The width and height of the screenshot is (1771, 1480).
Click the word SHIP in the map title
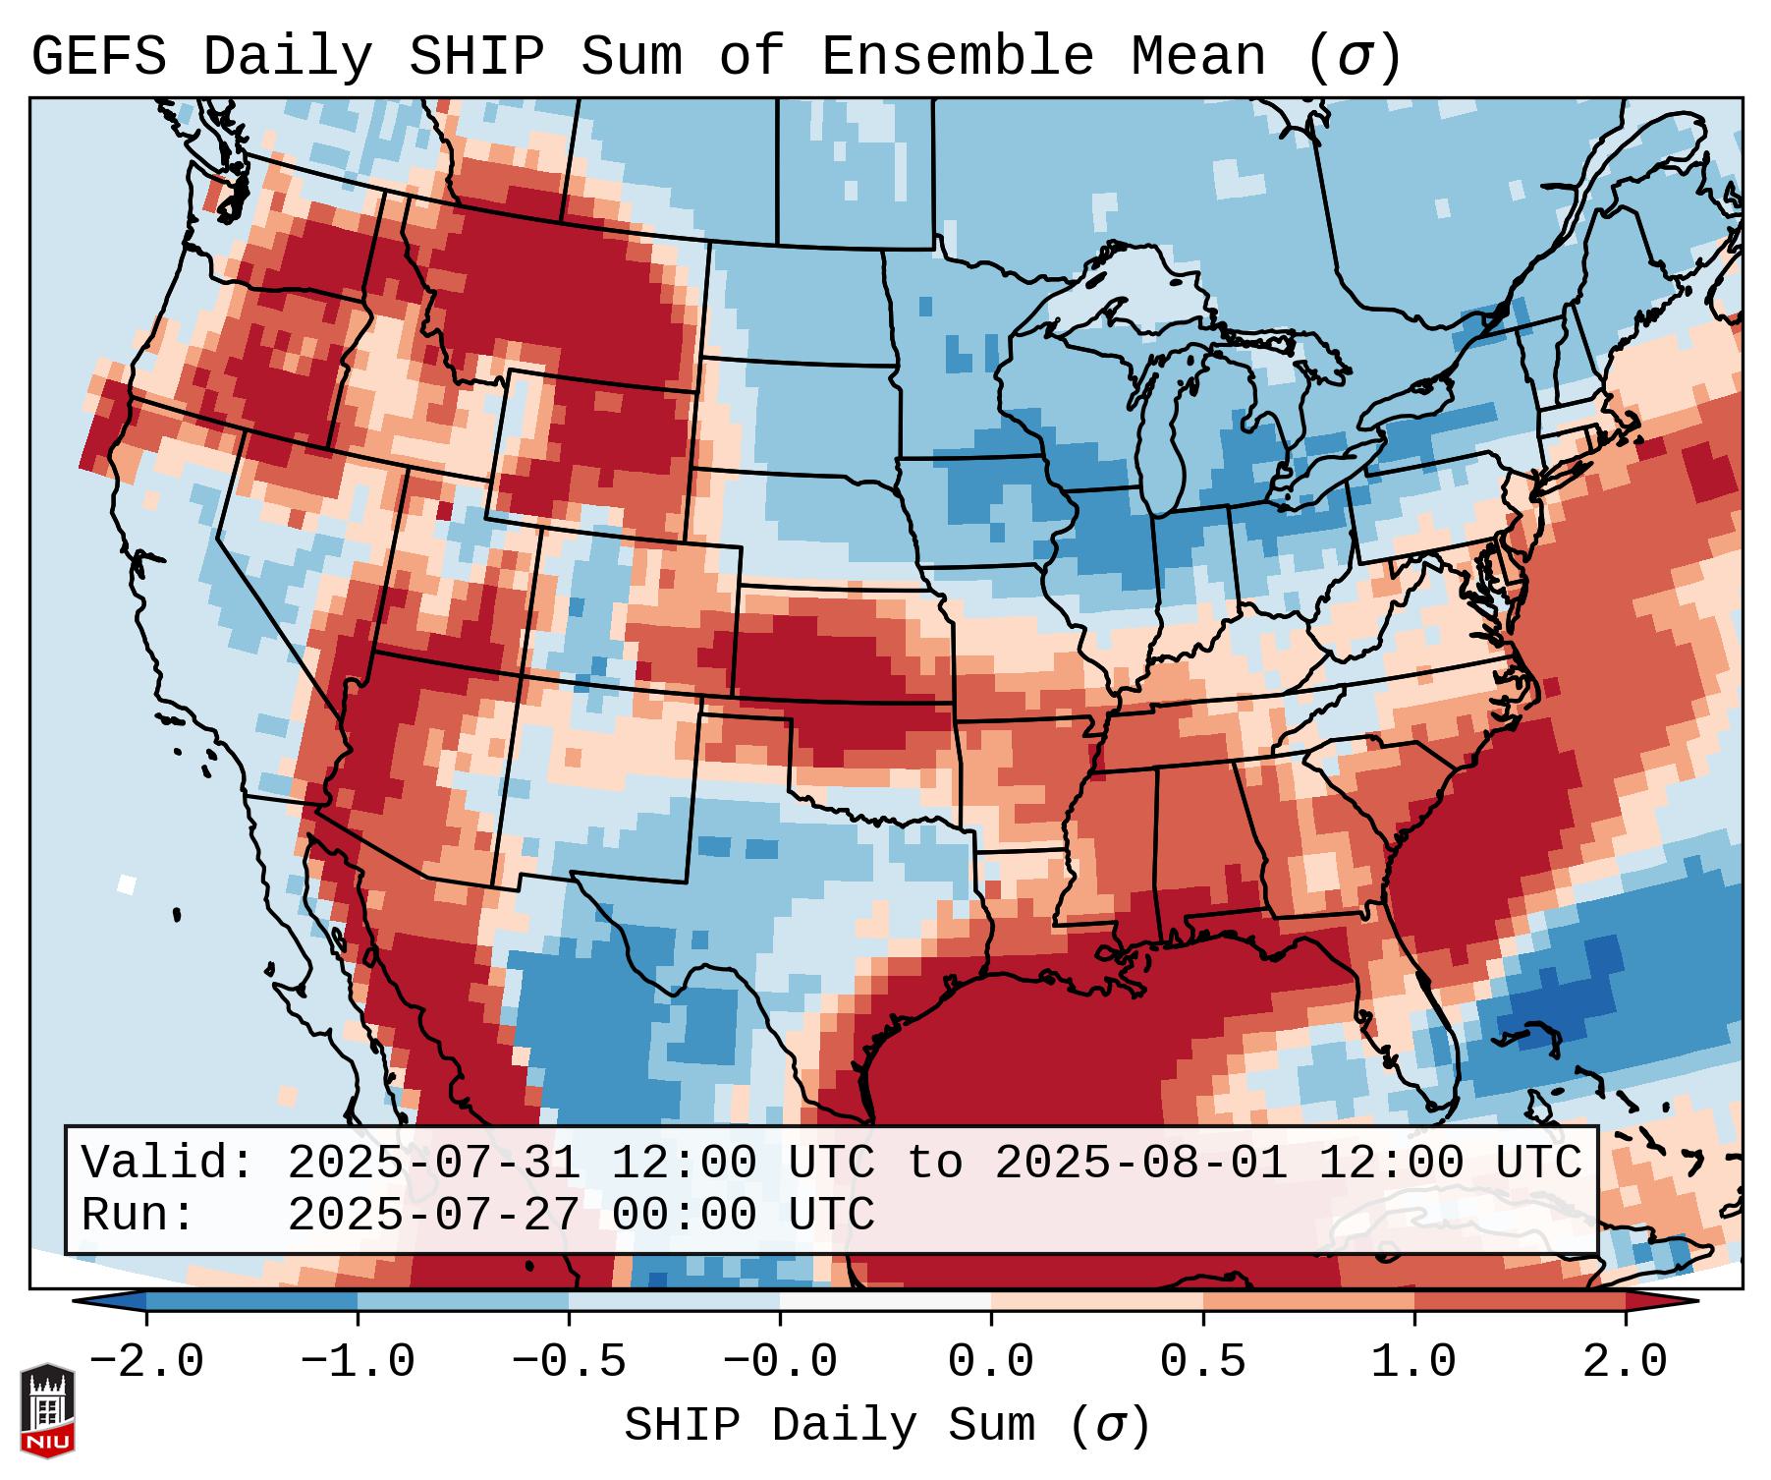(475, 57)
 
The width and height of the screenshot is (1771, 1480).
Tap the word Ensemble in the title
(957, 57)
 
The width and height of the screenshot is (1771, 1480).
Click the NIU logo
(47, 1410)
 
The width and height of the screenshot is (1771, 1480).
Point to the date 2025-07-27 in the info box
(433, 1216)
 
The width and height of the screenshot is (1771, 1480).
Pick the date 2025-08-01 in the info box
(1140, 1164)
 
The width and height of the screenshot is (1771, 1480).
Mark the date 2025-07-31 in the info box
(433, 1164)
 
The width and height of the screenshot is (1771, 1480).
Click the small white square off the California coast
(126, 883)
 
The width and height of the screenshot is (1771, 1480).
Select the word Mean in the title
(1198, 57)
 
